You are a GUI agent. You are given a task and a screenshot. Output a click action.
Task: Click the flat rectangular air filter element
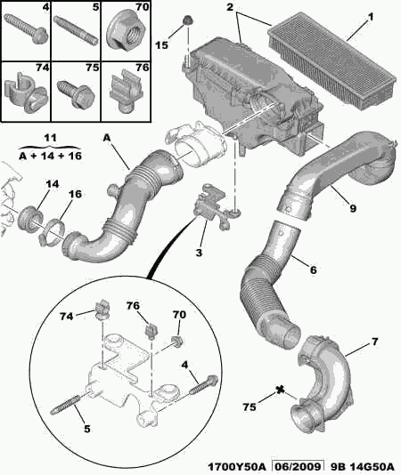coord(331,61)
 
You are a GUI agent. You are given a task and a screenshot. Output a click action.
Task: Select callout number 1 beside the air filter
coord(370,17)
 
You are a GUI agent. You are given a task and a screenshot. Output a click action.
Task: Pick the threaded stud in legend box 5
coord(76,30)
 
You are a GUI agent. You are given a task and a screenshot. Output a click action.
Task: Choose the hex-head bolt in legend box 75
coord(76,93)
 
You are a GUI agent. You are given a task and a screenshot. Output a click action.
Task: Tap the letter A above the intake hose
coord(107,138)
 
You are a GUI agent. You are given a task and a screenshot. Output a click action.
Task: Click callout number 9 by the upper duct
coord(352,208)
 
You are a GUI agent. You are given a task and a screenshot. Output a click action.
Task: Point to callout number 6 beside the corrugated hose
coord(313,270)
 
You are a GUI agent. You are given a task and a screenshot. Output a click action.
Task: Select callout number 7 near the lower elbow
coord(375,342)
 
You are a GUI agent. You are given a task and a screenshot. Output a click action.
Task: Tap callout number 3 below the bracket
coord(199,252)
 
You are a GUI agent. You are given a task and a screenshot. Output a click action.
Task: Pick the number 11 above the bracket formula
coord(51,138)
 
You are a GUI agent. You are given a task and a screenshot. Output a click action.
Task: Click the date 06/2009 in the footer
coord(297,466)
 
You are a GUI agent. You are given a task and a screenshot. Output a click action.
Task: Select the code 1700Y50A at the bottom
coord(236,466)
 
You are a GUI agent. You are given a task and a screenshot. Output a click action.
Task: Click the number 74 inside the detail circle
coord(66,317)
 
